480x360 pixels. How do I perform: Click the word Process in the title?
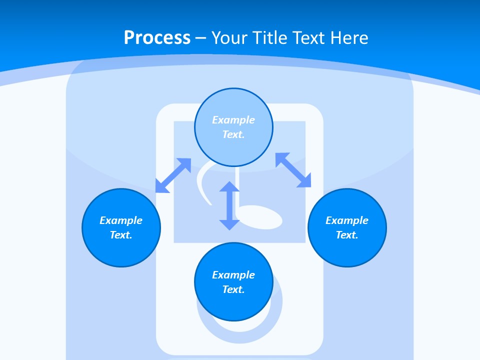pyautogui.click(x=157, y=38)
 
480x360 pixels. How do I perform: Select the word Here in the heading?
pyautogui.click(x=349, y=38)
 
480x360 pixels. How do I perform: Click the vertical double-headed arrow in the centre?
pyautogui.click(x=229, y=205)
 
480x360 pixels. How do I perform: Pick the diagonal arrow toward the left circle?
pyautogui.click(x=173, y=175)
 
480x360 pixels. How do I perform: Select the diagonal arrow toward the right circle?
pyautogui.click(x=293, y=170)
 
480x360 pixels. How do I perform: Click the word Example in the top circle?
pyautogui.click(x=233, y=120)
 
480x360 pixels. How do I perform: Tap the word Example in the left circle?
pyautogui.click(x=121, y=220)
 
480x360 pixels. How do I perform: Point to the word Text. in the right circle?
pyautogui.click(x=347, y=235)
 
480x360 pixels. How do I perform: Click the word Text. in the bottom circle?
pyautogui.click(x=233, y=289)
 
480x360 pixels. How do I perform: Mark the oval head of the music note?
pyautogui.click(x=262, y=218)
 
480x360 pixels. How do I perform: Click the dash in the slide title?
pyautogui.click(x=201, y=38)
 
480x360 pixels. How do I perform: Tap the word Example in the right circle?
pyautogui.click(x=347, y=220)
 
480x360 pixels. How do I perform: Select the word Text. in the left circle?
pyautogui.click(x=121, y=235)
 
